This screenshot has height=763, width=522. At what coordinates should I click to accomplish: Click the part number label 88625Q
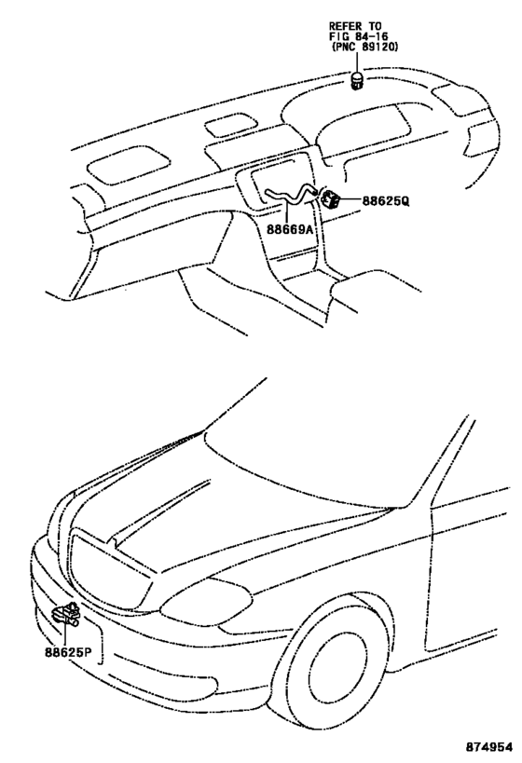coord(385,200)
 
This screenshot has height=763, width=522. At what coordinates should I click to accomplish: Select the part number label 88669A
coord(290,228)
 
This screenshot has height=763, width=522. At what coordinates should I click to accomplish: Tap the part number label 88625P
coord(69,651)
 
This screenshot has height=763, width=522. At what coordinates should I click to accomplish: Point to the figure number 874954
coord(488,746)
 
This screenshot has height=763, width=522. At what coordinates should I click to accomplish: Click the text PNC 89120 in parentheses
coord(364,47)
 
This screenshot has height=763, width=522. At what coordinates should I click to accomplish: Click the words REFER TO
coord(355,26)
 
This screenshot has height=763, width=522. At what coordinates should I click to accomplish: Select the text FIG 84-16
coord(358,36)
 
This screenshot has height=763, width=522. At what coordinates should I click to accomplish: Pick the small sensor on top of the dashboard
coord(358,81)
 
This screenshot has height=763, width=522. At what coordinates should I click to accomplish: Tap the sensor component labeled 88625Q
coord(329,198)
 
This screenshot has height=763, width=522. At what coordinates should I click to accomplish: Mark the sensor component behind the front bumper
coord(67,614)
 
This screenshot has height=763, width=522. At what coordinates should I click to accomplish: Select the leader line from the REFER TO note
coord(356,62)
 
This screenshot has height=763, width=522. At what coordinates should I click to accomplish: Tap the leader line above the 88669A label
coord(287,213)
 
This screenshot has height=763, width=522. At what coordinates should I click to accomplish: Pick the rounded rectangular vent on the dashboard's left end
coord(129,167)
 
